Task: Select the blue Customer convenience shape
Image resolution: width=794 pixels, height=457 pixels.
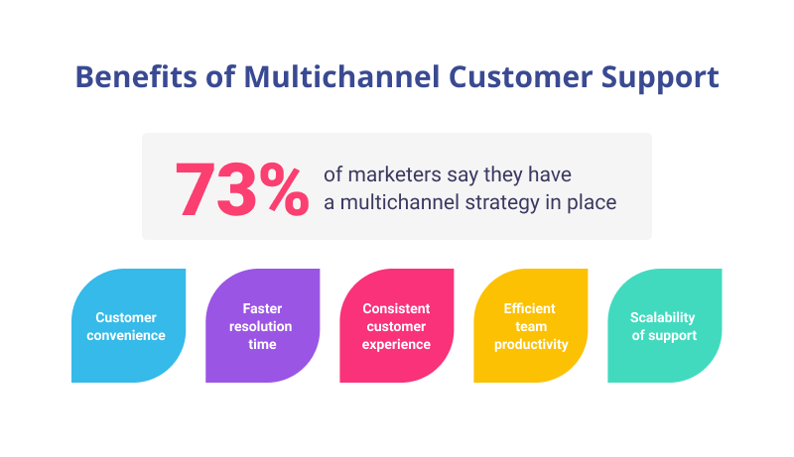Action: (128, 325)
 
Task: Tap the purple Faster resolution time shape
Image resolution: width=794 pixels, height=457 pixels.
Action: (262, 325)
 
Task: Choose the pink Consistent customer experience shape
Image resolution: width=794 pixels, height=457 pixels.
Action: (396, 325)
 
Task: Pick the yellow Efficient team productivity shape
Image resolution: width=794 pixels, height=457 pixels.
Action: (530, 325)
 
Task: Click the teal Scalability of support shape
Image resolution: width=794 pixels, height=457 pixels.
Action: (664, 325)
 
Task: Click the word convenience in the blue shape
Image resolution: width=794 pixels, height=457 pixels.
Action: (125, 335)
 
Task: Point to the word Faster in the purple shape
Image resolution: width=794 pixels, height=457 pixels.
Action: (261, 308)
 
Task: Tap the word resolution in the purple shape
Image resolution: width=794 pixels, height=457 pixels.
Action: (261, 326)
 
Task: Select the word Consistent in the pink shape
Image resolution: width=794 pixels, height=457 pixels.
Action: (396, 308)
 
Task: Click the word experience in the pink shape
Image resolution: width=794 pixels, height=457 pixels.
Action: (396, 344)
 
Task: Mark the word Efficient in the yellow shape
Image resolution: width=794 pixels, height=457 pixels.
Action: (530, 308)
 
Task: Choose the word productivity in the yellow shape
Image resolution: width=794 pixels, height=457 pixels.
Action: (530, 344)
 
